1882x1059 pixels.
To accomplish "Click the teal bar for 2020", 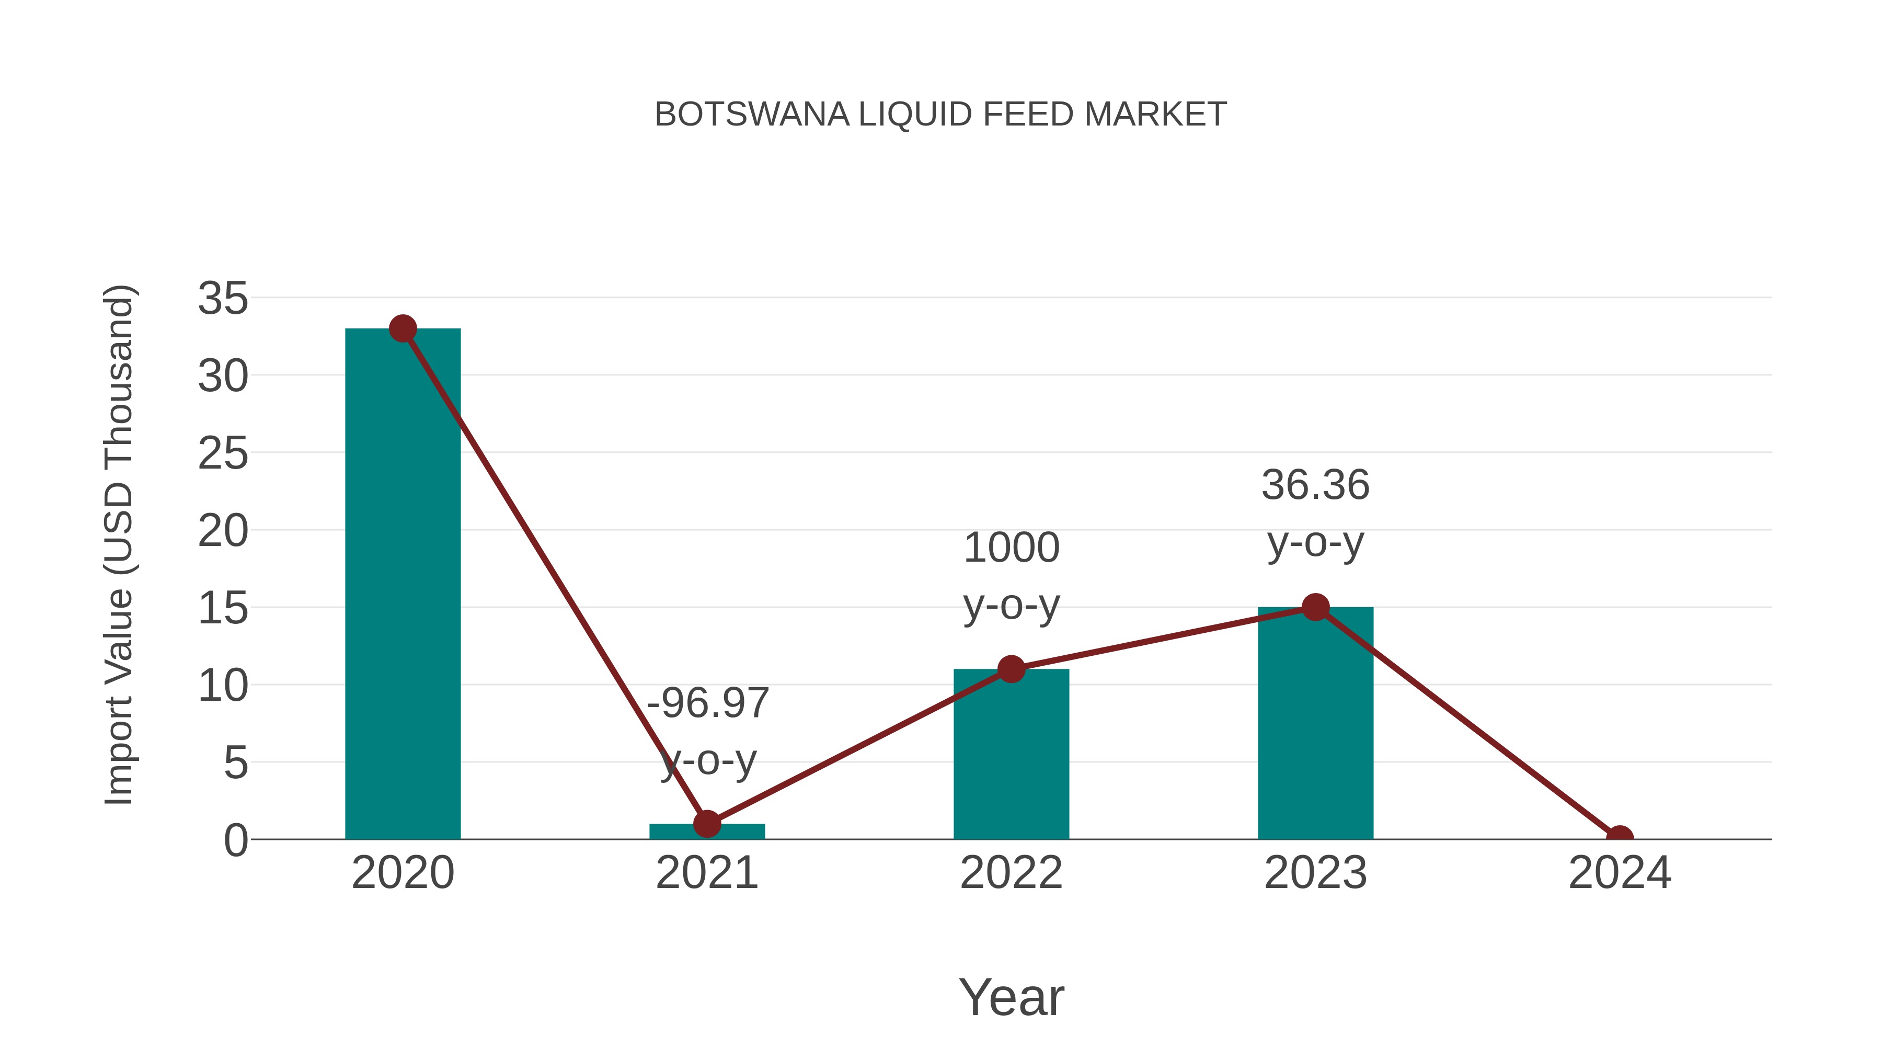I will [x=403, y=585].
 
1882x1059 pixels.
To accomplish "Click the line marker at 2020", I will [x=403, y=329].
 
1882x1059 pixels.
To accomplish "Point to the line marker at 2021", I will [x=706, y=824].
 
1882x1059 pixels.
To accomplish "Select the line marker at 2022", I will [x=1011, y=669].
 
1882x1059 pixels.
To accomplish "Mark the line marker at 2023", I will [x=1315, y=607].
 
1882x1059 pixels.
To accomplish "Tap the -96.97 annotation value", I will [x=708, y=703].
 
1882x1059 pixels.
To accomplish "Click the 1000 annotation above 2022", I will [x=1011, y=548].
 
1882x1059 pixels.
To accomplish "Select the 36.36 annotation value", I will [x=1315, y=485].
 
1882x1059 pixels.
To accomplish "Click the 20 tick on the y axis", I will [x=223, y=531].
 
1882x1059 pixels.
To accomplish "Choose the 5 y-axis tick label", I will [x=235, y=763].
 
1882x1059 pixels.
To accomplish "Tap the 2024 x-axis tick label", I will [x=1620, y=873].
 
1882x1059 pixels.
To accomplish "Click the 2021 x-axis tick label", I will [x=706, y=873].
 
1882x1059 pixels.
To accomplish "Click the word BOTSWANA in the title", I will [x=752, y=115].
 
